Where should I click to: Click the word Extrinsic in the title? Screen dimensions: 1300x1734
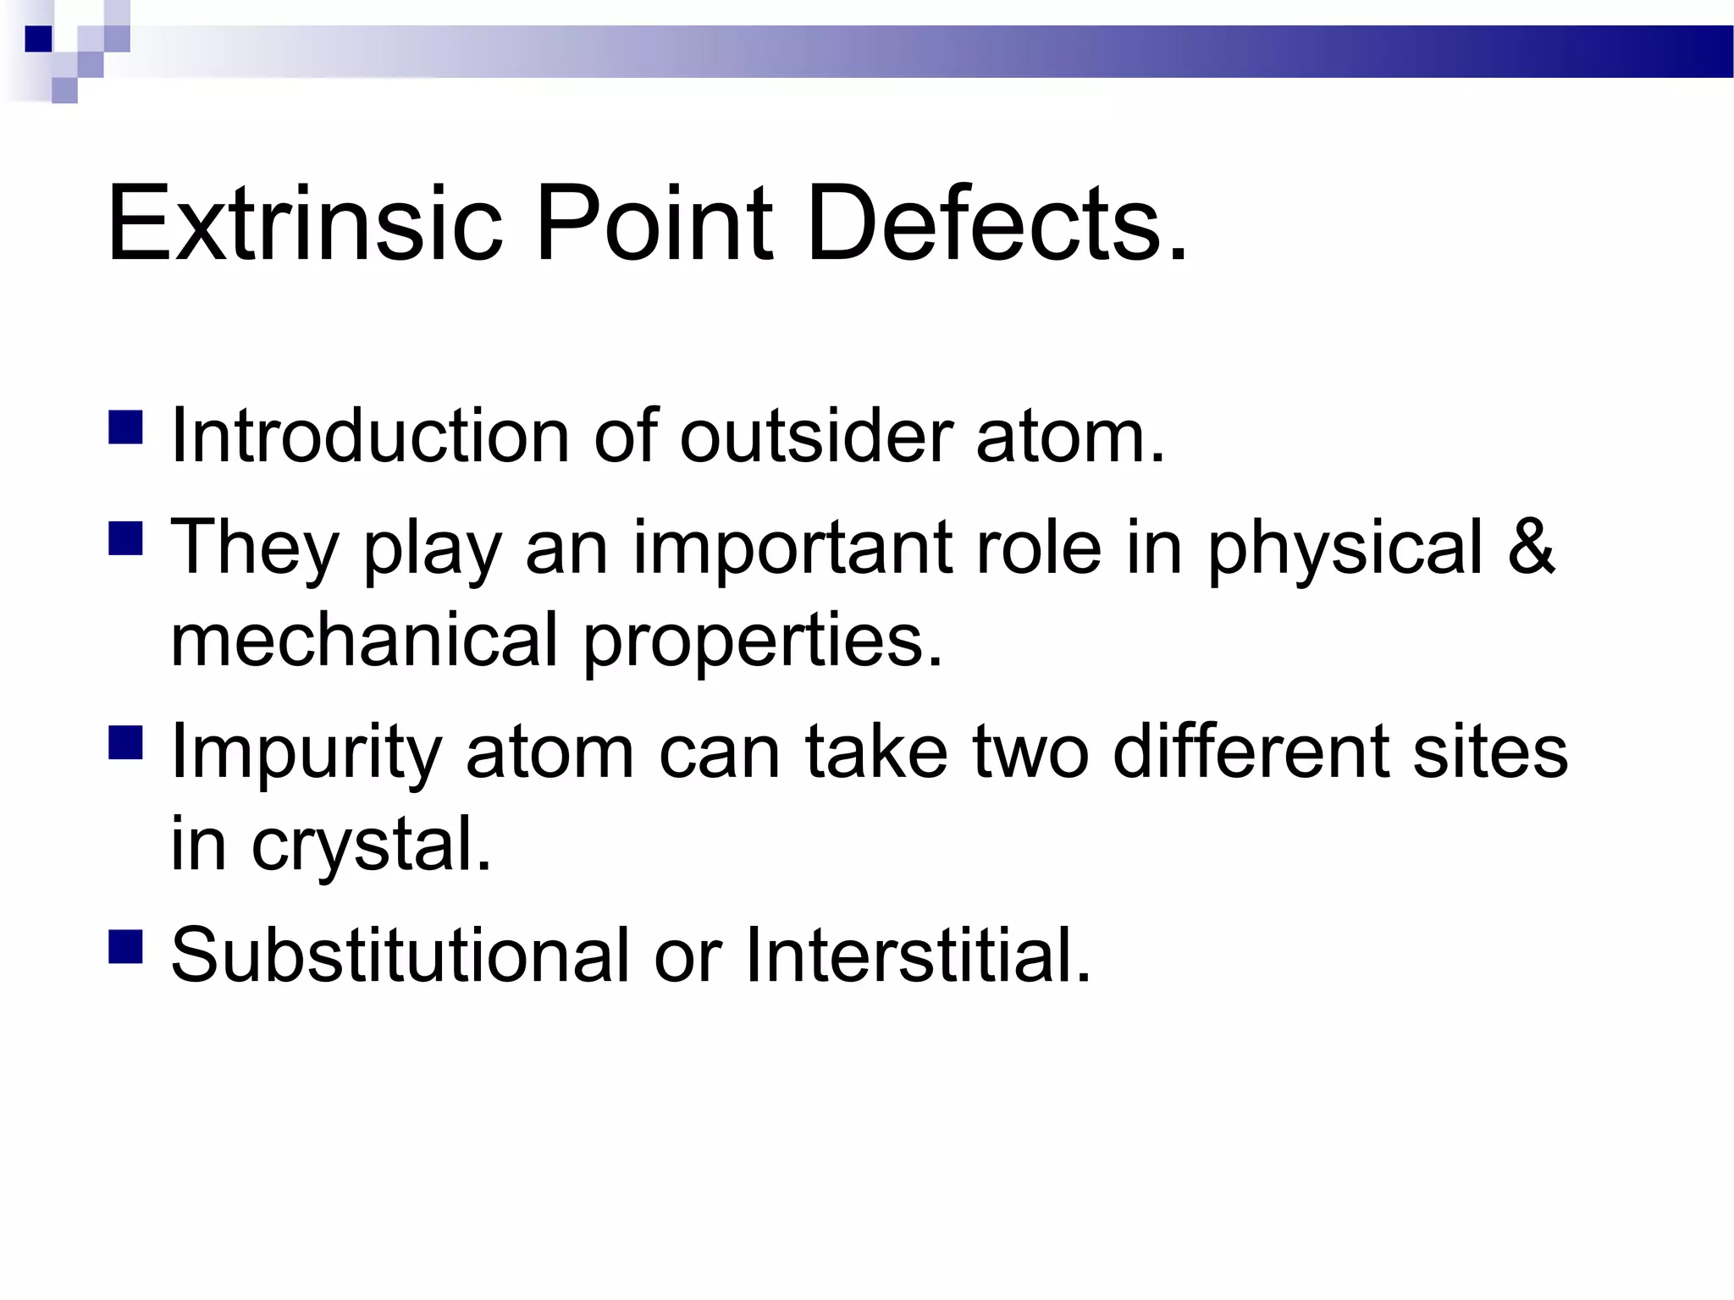305,224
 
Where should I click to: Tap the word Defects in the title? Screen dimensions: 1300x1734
996,224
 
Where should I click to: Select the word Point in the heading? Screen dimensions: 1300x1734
652,224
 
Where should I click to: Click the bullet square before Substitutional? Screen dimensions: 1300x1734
125,945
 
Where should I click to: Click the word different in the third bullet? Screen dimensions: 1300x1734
1249,751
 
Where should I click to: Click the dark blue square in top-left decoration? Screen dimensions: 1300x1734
39,39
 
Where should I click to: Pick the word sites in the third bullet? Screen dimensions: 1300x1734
1489,751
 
